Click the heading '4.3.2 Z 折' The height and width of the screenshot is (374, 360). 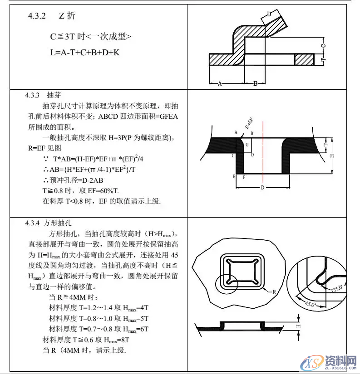51,16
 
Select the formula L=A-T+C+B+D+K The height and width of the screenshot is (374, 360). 85,53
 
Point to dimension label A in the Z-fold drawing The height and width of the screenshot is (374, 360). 220,84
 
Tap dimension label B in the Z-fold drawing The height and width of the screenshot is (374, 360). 256,84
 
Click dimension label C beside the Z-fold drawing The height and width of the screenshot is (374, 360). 324,46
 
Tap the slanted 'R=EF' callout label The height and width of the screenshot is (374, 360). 249,122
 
